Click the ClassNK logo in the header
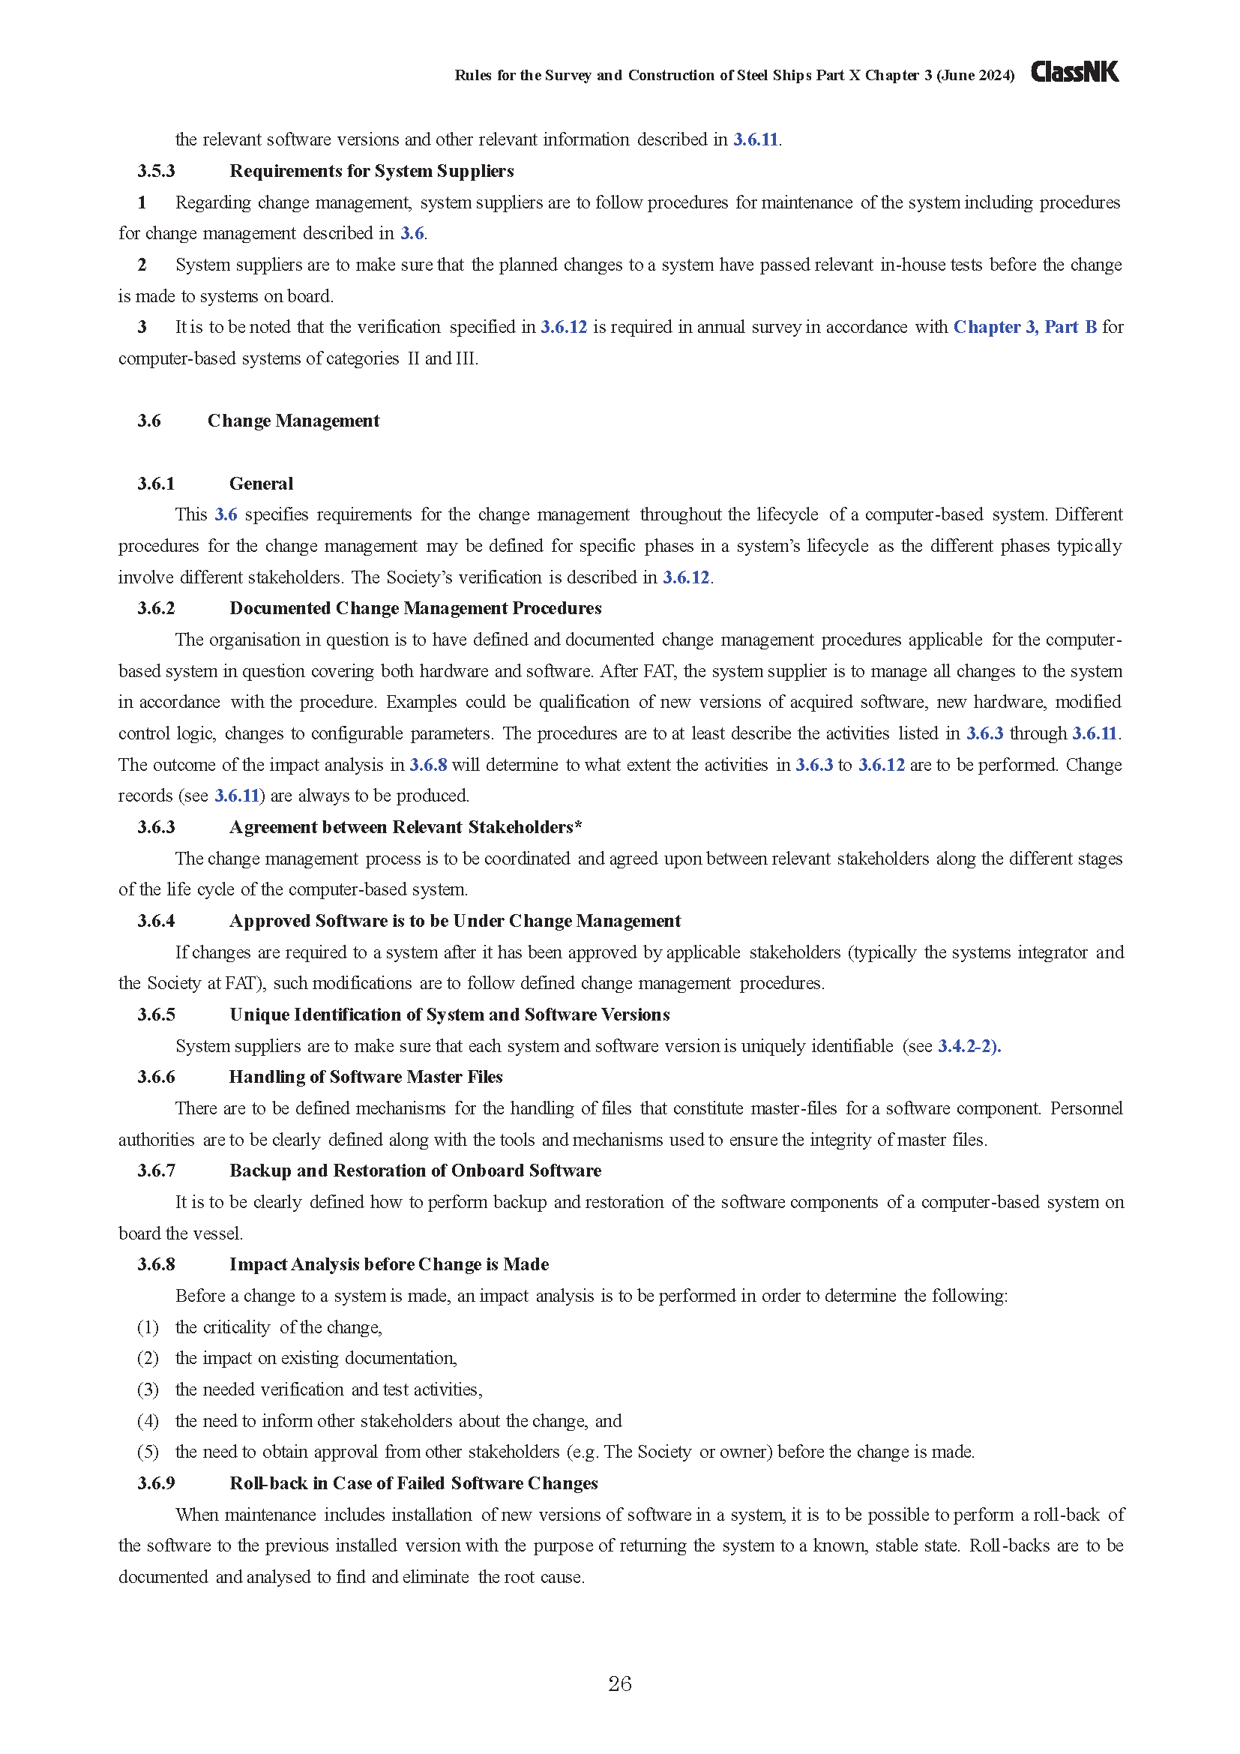[x=1074, y=72]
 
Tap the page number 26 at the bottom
[x=619, y=1684]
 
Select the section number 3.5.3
[x=156, y=171]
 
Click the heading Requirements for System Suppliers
[x=371, y=171]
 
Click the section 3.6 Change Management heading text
[x=293, y=421]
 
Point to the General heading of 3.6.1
[x=261, y=484]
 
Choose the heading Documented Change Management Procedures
[x=415, y=608]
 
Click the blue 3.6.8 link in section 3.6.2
[x=427, y=765]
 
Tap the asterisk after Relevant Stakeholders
[x=579, y=826]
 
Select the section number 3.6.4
[x=156, y=921]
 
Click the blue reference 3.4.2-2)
[x=969, y=1046]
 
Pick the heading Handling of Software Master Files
[x=366, y=1077]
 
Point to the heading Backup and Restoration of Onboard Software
[x=415, y=1171]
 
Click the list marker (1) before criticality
[x=148, y=1327]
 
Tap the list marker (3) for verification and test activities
[x=148, y=1390]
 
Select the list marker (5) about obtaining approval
[x=148, y=1452]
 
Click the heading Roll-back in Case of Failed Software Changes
[x=413, y=1483]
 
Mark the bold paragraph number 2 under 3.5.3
[x=142, y=265]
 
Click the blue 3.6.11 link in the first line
[x=755, y=139]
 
